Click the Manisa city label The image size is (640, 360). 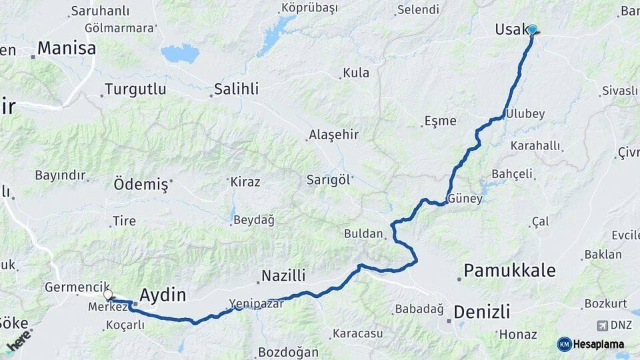66,48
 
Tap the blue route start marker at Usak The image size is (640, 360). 532,29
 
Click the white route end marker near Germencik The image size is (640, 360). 108,294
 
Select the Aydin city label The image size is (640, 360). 163,295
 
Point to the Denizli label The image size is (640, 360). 482,311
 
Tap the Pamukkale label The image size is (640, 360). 509,270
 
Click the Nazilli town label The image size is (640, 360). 283,275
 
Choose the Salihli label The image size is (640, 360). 236,89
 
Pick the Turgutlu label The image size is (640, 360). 135,89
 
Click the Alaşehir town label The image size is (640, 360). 333,135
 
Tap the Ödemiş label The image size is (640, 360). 141,185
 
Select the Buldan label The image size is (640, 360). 364,234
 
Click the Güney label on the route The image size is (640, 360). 465,199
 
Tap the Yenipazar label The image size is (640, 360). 257,303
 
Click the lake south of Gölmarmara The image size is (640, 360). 180,53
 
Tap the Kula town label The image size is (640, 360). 356,73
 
